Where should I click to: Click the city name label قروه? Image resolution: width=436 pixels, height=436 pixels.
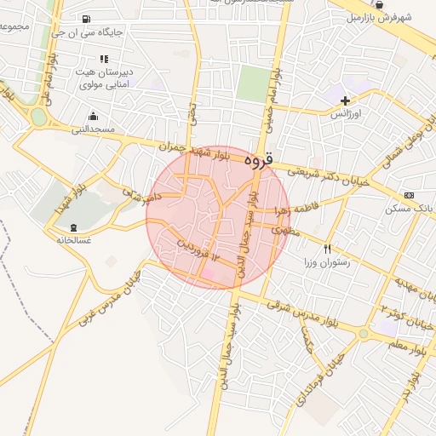tap(260, 159)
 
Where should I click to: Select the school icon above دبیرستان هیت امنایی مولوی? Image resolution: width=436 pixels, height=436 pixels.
tap(104, 60)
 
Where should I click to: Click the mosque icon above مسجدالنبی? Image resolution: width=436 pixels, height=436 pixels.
tap(92, 116)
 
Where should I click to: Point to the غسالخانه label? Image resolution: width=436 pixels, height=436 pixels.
tap(73, 240)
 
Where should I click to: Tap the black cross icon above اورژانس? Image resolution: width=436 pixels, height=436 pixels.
tap(345, 100)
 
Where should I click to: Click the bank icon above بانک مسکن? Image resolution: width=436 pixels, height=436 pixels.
tap(410, 195)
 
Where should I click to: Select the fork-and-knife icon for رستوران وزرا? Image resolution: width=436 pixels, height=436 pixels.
tap(328, 249)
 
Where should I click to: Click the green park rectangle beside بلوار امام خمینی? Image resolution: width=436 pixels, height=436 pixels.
tap(252, 83)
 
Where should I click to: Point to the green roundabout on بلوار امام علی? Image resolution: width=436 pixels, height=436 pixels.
tap(38, 116)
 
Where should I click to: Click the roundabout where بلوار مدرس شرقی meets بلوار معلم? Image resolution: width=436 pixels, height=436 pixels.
tap(364, 333)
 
